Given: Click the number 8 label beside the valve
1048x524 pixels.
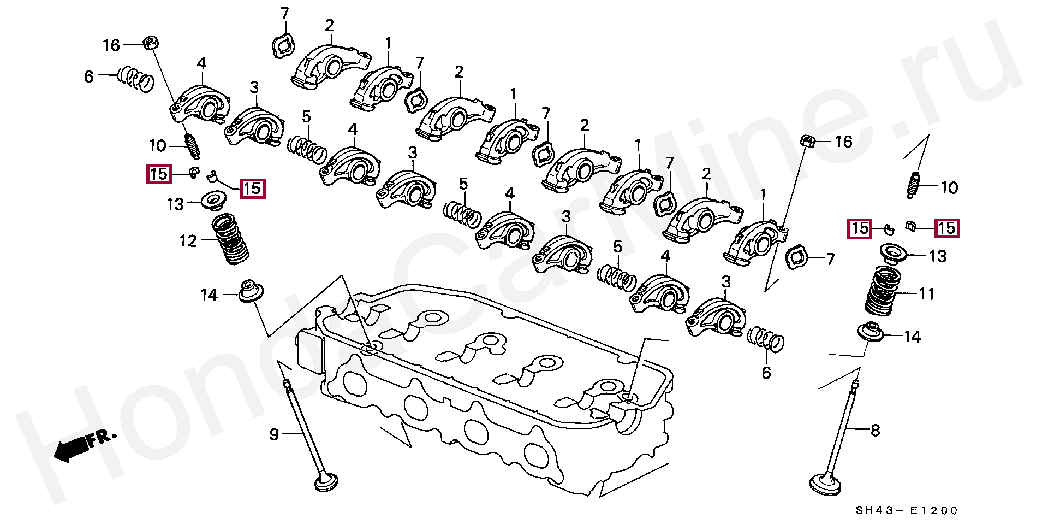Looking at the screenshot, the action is click(x=875, y=431).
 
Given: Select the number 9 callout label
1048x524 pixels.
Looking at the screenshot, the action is click(x=274, y=434).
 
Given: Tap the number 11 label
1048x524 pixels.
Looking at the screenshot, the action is click(x=927, y=294).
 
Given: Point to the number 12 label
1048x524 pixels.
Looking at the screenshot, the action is click(x=188, y=241).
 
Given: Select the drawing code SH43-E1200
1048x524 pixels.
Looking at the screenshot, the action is click(x=907, y=511).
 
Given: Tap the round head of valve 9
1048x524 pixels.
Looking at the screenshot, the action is click(x=326, y=483).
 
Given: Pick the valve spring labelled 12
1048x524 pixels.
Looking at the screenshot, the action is click(x=230, y=239).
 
